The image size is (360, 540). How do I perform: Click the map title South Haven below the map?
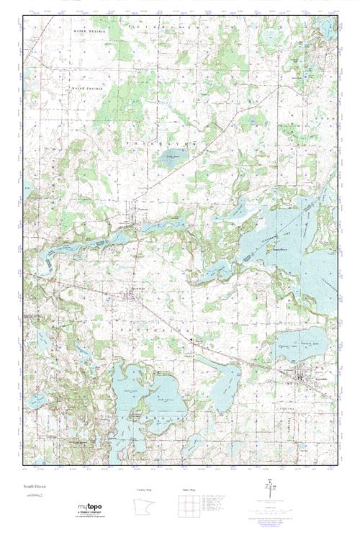pos(34,487)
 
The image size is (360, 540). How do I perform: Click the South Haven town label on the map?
pos(138,290)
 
